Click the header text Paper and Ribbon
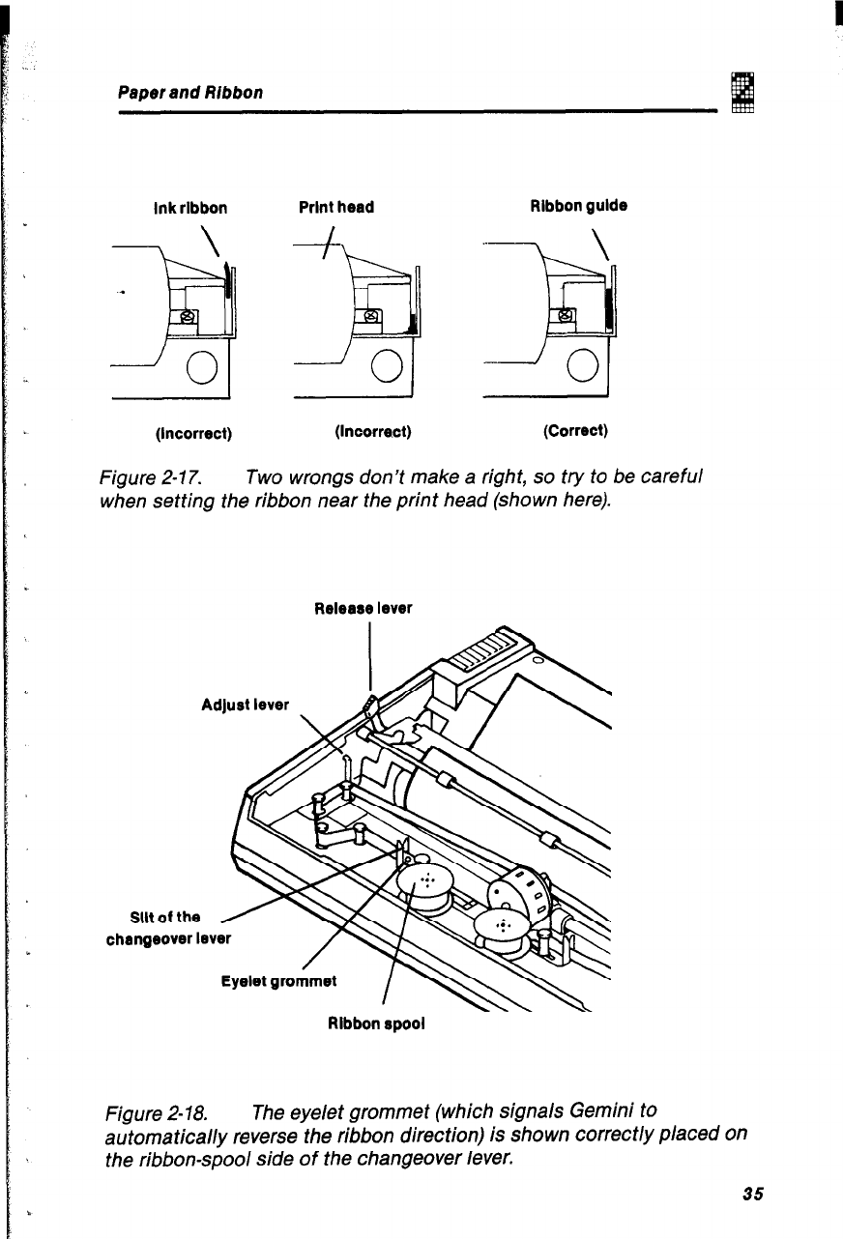190,92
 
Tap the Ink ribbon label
190,208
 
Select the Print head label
336,207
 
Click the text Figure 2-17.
143,476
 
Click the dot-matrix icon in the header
742,92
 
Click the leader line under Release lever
371,657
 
